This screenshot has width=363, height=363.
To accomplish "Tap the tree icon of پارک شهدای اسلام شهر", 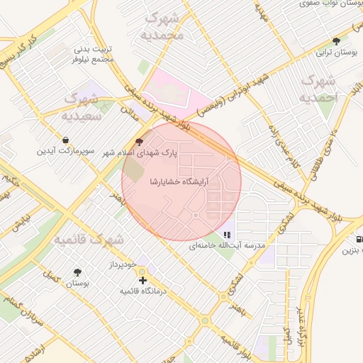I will (147, 142).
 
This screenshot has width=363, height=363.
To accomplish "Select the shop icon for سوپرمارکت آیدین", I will (66, 140).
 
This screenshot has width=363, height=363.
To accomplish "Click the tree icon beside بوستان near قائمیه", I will (77, 272).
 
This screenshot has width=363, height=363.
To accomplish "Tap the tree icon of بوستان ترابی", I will (335, 42).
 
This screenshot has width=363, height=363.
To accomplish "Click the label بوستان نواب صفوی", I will (327, 4).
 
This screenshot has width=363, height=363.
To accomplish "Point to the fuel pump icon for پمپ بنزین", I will (359, 240).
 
